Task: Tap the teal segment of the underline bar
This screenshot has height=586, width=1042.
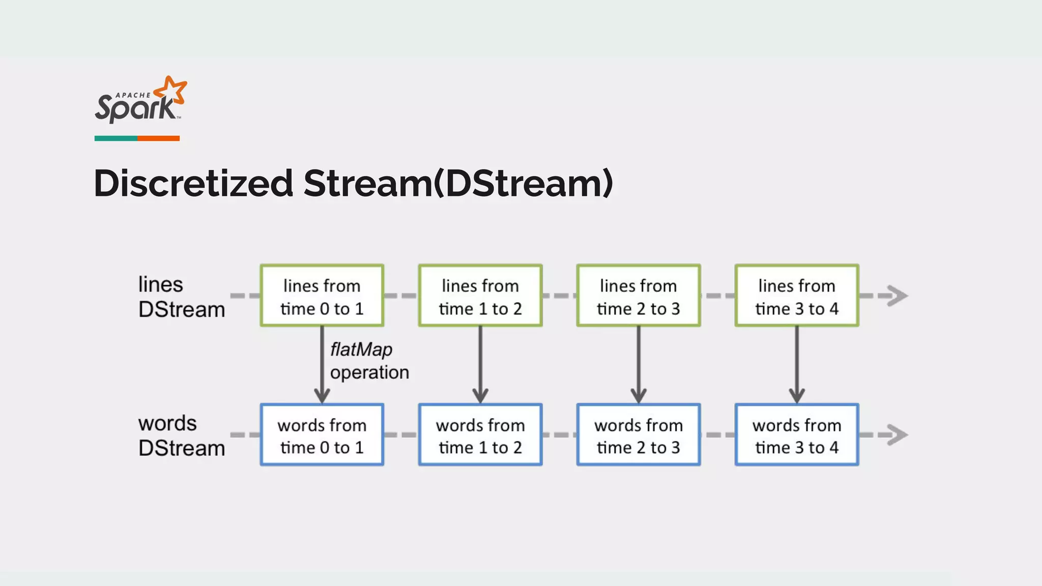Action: click(x=115, y=138)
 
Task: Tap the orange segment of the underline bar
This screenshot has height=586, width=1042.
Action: click(x=158, y=138)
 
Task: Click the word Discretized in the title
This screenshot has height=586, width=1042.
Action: click(x=193, y=183)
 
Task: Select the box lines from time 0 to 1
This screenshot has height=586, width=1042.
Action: click(x=322, y=296)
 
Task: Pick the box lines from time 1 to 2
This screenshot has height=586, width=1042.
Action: click(x=480, y=296)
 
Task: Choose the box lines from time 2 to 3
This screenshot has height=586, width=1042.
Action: click(x=638, y=296)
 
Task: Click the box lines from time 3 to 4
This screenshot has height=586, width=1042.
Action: click(x=796, y=296)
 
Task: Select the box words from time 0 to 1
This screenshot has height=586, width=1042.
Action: click(x=322, y=435)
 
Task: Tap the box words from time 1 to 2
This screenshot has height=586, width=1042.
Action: click(x=480, y=435)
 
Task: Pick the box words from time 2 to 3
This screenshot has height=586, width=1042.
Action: click(x=638, y=435)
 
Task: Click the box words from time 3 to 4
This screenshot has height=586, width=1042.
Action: click(x=796, y=435)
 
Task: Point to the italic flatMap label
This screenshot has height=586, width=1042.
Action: click(x=361, y=350)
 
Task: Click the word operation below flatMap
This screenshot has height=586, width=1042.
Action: click(x=369, y=372)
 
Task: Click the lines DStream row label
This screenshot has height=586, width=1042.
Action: click(x=181, y=297)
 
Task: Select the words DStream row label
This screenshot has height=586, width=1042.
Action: click(x=181, y=436)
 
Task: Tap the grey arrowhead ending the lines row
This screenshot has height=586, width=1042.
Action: click(x=898, y=296)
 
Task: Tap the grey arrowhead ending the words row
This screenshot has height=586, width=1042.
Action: click(x=898, y=435)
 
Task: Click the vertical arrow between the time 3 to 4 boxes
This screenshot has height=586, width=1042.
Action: click(x=796, y=364)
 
